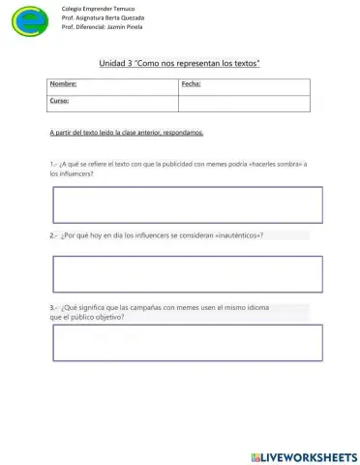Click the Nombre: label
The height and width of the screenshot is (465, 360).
(63, 86)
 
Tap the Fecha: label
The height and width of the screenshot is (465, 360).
(191, 86)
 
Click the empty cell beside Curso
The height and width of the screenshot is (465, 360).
(244, 102)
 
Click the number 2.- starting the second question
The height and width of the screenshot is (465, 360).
(53, 235)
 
